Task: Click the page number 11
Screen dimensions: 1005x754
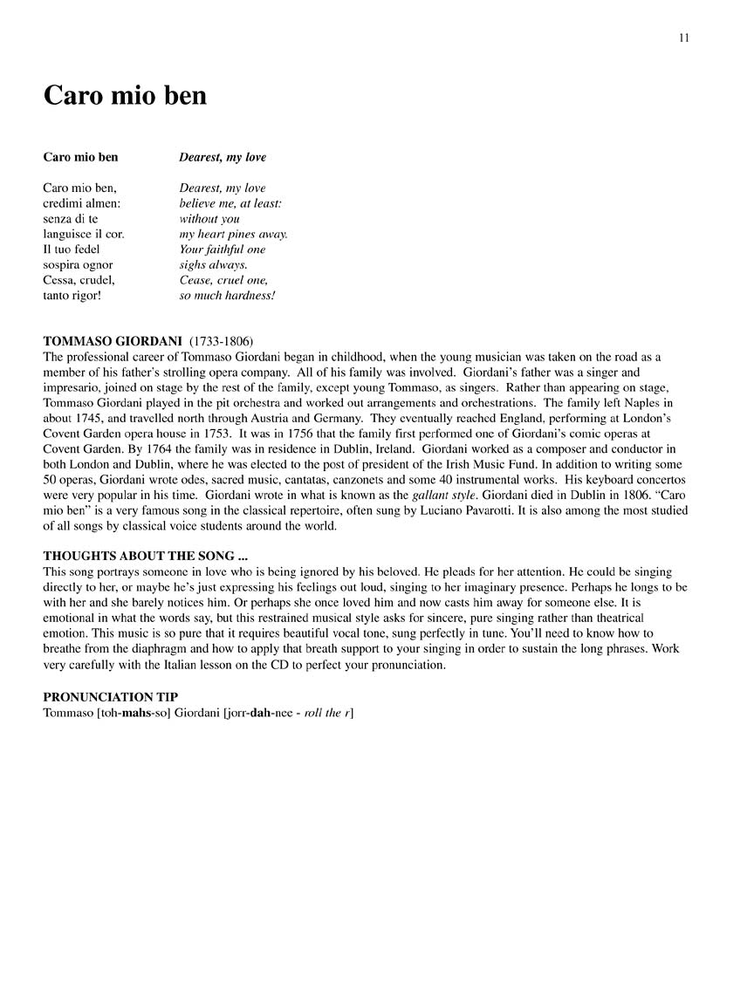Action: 683,38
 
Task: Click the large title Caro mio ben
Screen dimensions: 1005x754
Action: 125,95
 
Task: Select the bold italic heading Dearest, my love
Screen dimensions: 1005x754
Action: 223,158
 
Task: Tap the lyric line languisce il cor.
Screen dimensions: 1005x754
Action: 84,234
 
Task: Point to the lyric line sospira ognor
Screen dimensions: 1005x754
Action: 78,264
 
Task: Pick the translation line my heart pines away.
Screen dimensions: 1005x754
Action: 233,234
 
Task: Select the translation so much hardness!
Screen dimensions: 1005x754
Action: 227,295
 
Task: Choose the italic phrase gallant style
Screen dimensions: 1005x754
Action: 444,495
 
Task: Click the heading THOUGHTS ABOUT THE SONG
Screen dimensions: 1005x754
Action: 139,556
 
